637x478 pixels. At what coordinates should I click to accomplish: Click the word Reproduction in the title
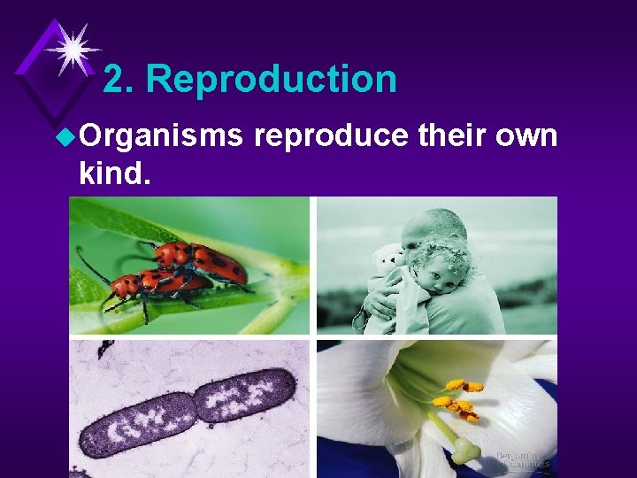272,80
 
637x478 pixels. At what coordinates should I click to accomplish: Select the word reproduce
331,137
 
